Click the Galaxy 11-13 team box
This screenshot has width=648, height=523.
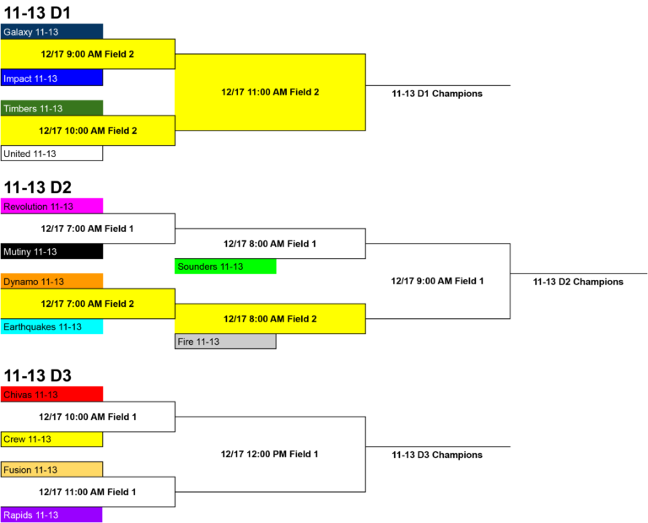click(x=51, y=31)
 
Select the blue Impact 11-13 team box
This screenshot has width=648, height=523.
click(x=51, y=78)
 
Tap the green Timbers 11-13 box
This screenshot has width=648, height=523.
click(x=51, y=108)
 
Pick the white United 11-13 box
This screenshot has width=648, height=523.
click(x=51, y=154)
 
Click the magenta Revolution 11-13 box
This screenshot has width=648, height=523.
click(x=51, y=206)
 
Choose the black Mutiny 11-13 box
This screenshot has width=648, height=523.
click(x=51, y=251)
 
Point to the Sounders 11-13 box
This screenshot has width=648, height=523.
click(x=225, y=267)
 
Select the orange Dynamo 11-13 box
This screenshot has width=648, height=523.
click(x=51, y=282)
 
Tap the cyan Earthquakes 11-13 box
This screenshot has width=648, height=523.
click(x=51, y=326)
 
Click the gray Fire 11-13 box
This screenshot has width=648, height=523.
click(x=225, y=342)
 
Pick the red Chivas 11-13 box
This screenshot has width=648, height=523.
click(x=51, y=394)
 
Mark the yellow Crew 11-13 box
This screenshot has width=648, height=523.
click(x=51, y=439)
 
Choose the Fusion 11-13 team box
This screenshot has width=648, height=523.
click(x=51, y=469)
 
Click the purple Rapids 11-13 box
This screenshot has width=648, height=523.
click(x=51, y=515)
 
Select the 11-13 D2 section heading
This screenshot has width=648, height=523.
click(x=38, y=187)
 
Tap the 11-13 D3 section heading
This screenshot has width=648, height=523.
click(x=38, y=375)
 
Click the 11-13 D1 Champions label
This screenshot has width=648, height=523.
click(x=437, y=94)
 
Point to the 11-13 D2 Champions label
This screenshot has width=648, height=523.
click(x=578, y=282)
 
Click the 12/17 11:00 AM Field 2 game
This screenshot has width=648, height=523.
click(x=270, y=92)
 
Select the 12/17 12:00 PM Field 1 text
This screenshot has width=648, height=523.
click(x=269, y=454)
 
